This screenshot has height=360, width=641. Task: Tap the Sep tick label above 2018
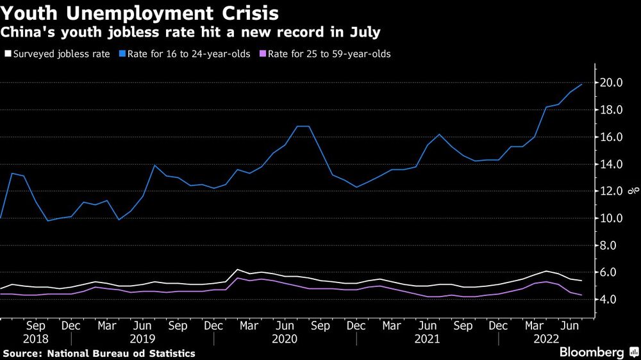(x=36, y=325)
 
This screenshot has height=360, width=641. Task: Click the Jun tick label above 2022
(x=569, y=325)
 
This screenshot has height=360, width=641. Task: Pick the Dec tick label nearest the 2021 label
(x=498, y=325)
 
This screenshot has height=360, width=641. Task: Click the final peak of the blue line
(x=581, y=85)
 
